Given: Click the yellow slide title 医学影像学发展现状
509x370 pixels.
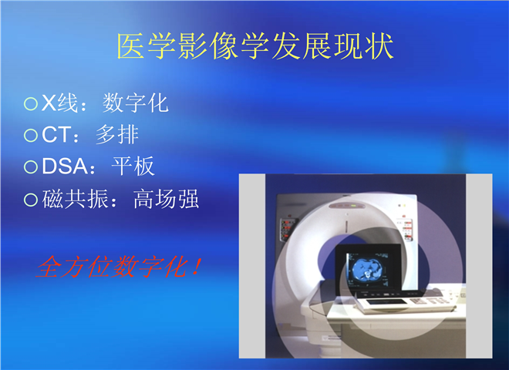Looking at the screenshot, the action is [255, 46].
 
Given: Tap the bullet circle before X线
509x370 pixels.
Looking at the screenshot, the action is [31, 104].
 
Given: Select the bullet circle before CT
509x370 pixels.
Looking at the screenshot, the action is [31, 135].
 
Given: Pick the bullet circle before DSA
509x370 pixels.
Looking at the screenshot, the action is [31, 166].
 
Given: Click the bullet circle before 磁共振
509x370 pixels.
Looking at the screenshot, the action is [31, 200].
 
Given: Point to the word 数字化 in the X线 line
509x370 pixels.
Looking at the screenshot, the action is [136, 103].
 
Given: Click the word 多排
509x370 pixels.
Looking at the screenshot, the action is [117, 134].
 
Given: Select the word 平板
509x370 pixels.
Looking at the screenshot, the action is [133, 166].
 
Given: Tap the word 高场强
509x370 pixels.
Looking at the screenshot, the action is [166, 199].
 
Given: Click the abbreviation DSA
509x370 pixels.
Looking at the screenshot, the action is [65, 166].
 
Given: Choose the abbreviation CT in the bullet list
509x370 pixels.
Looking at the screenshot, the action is [56, 135].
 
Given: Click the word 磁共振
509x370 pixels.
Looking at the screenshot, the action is [76, 199].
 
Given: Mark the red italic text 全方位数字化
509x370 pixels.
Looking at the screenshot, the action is [112, 267].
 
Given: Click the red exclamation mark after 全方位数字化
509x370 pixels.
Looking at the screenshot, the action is [196, 266].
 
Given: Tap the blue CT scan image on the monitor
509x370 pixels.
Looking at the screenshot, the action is [367, 268].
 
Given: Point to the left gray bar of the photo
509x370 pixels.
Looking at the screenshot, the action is [252, 266].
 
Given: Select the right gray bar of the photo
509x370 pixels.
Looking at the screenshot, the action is [479, 266].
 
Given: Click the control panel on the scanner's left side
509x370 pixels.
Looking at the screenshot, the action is [287, 230].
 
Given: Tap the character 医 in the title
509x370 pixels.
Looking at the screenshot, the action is [130, 46].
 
